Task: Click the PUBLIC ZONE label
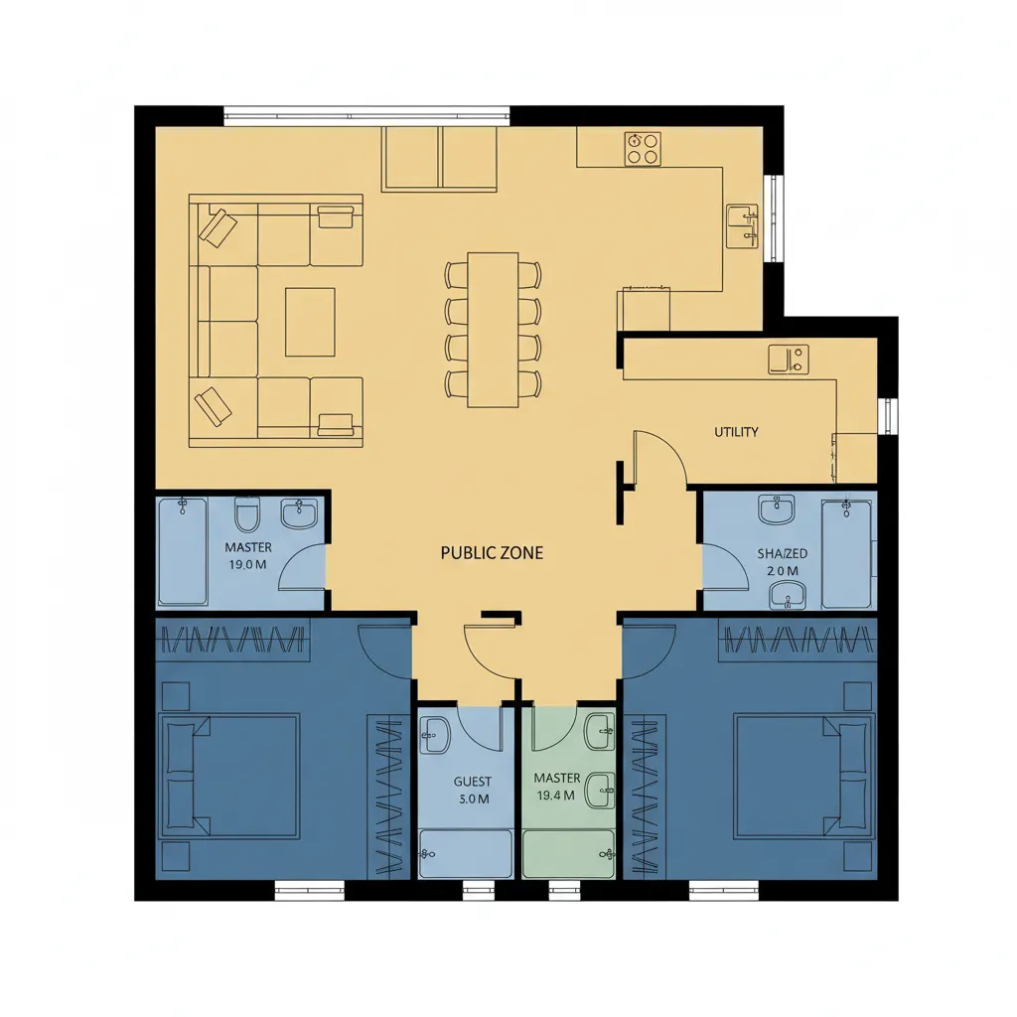(492, 552)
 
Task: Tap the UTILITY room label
(736, 432)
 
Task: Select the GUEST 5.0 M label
(473, 790)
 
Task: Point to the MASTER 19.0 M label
(247, 556)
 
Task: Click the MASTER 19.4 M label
(556, 787)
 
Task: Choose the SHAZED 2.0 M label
(783, 562)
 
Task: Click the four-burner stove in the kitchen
(643, 148)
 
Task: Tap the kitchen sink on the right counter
(742, 225)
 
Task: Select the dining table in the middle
(493, 330)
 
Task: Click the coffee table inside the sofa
(310, 323)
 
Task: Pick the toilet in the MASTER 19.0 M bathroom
(247, 514)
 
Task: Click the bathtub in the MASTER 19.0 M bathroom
(183, 551)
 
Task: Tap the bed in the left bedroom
(229, 776)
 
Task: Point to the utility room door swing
(660, 458)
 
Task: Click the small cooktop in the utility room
(788, 360)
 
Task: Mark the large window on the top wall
(366, 116)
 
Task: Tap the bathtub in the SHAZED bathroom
(847, 553)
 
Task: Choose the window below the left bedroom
(310, 891)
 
